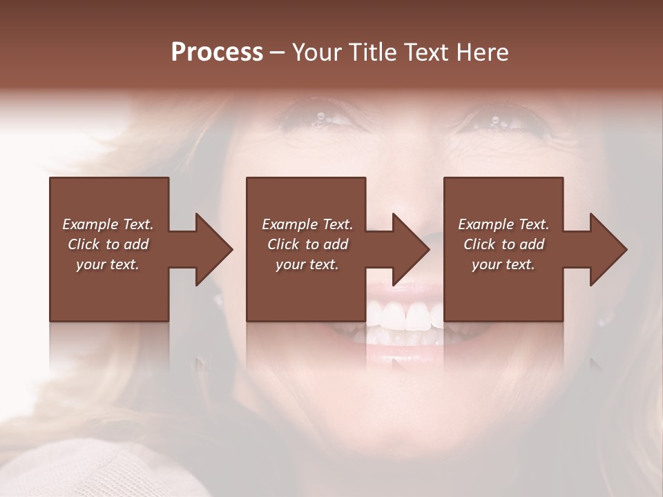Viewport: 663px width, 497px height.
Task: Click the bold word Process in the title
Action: click(217, 52)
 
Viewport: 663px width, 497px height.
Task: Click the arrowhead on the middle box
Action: click(412, 249)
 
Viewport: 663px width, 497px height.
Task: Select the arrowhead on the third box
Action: click(609, 249)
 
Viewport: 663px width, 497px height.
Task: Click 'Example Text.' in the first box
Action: click(108, 224)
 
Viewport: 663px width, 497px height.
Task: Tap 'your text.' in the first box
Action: click(108, 264)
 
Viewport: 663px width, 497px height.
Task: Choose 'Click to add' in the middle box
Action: click(307, 244)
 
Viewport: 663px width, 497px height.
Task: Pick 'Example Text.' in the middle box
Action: click(307, 224)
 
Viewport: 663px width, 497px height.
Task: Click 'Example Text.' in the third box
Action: click(503, 224)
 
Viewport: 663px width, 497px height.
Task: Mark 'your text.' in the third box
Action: click(503, 264)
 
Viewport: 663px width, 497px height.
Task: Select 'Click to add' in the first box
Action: click(108, 244)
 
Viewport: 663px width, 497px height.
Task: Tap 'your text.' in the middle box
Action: click(307, 264)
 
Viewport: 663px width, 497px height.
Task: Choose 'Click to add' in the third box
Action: click(503, 244)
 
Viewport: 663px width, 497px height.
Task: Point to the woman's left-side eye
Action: click(318, 117)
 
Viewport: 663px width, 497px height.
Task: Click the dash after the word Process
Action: click(277, 52)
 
